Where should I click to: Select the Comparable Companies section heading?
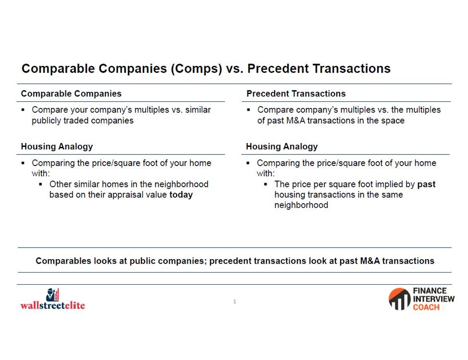pos(71,94)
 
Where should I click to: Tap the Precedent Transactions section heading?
pos(296,94)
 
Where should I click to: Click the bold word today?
pos(181,195)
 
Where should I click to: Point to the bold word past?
pos(426,185)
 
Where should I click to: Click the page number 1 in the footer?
pos(234,301)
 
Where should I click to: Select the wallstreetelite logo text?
pos(53,305)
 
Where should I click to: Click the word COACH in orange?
pos(426,307)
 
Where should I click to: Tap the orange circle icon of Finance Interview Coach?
pos(400,299)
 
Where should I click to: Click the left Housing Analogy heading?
pos(57,147)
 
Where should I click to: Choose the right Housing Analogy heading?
pos(282,147)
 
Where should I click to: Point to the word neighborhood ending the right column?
pos(301,205)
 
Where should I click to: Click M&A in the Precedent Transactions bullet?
pos(296,121)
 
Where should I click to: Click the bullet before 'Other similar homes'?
pos(40,184)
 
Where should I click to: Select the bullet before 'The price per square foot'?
pos(266,184)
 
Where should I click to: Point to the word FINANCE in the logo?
pos(430,291)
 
